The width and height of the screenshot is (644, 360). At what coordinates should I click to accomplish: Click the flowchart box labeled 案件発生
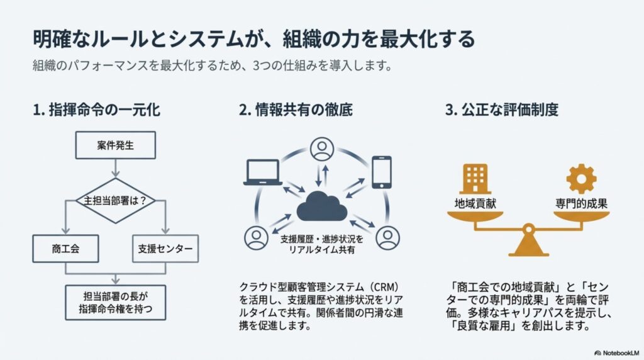coord(116,146)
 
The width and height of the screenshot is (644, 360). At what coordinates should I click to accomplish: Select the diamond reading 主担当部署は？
coord(116,201)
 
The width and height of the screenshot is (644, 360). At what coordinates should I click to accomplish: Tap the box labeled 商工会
coord(65,249)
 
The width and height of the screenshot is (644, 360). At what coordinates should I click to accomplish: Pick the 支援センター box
coord(165,249)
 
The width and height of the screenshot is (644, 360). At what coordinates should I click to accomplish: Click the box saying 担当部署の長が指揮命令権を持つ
coord(116,303)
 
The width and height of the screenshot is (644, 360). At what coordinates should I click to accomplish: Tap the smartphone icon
coord(382,171)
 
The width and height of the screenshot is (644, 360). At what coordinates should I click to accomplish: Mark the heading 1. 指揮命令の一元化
coord(96,110)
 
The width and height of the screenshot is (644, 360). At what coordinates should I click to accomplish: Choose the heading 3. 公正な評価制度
coord(502,110)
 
